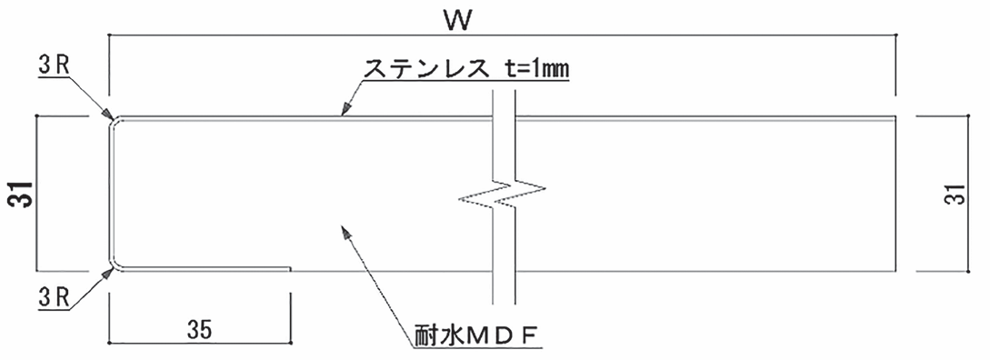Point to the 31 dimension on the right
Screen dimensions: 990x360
click(954, 194)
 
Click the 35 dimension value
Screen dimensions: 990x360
click(199, 329)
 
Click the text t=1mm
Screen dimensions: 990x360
click(537, 68)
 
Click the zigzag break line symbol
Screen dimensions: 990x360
click(504, 194)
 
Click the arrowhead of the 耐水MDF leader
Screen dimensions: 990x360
click(343, 234)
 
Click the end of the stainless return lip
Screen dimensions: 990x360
click(289, 270)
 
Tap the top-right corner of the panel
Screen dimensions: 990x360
click(897, 116)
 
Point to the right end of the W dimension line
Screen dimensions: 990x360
click(897, 35)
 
